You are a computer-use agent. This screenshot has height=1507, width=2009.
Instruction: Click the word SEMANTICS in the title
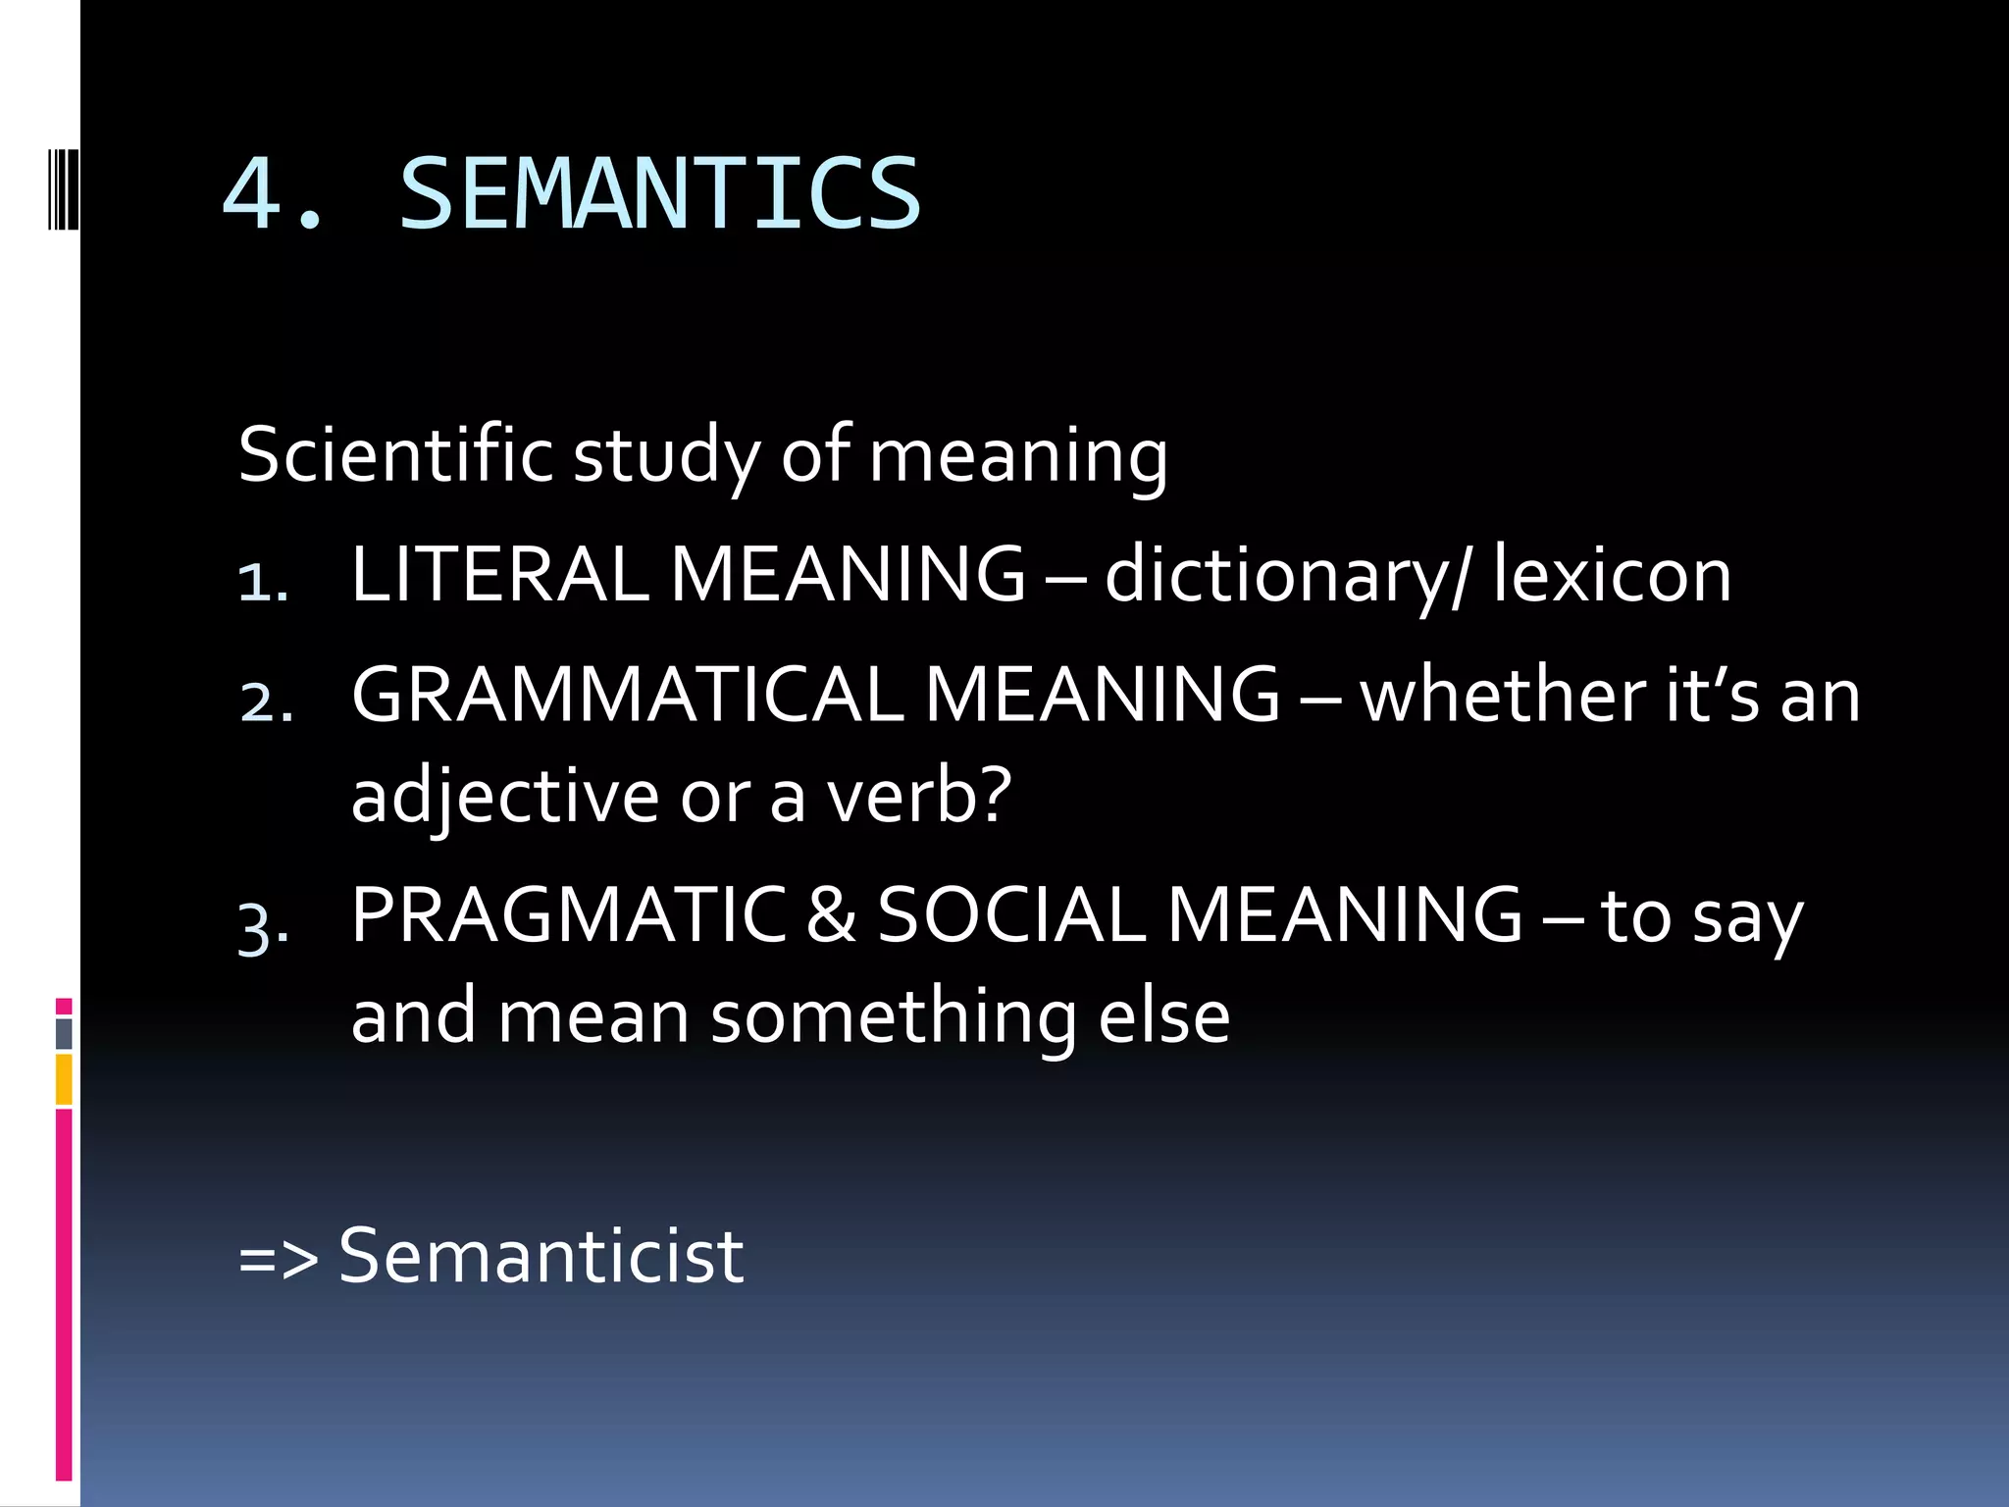(659, 194)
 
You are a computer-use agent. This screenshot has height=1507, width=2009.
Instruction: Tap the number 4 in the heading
(253, 194)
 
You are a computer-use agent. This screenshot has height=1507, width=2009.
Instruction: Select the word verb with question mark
(918, 796)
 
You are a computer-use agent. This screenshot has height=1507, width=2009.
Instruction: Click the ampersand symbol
(831, 915)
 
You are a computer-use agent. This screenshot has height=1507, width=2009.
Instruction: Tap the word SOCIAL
(1010, 915)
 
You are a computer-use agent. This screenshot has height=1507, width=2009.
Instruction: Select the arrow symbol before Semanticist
(279, 1259)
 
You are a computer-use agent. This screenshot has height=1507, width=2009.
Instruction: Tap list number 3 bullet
(263, 926)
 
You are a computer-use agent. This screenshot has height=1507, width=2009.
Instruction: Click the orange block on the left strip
(64, 1079)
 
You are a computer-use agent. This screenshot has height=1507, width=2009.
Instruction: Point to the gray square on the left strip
(64, 1033)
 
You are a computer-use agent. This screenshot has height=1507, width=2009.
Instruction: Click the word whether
(1503, 695)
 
